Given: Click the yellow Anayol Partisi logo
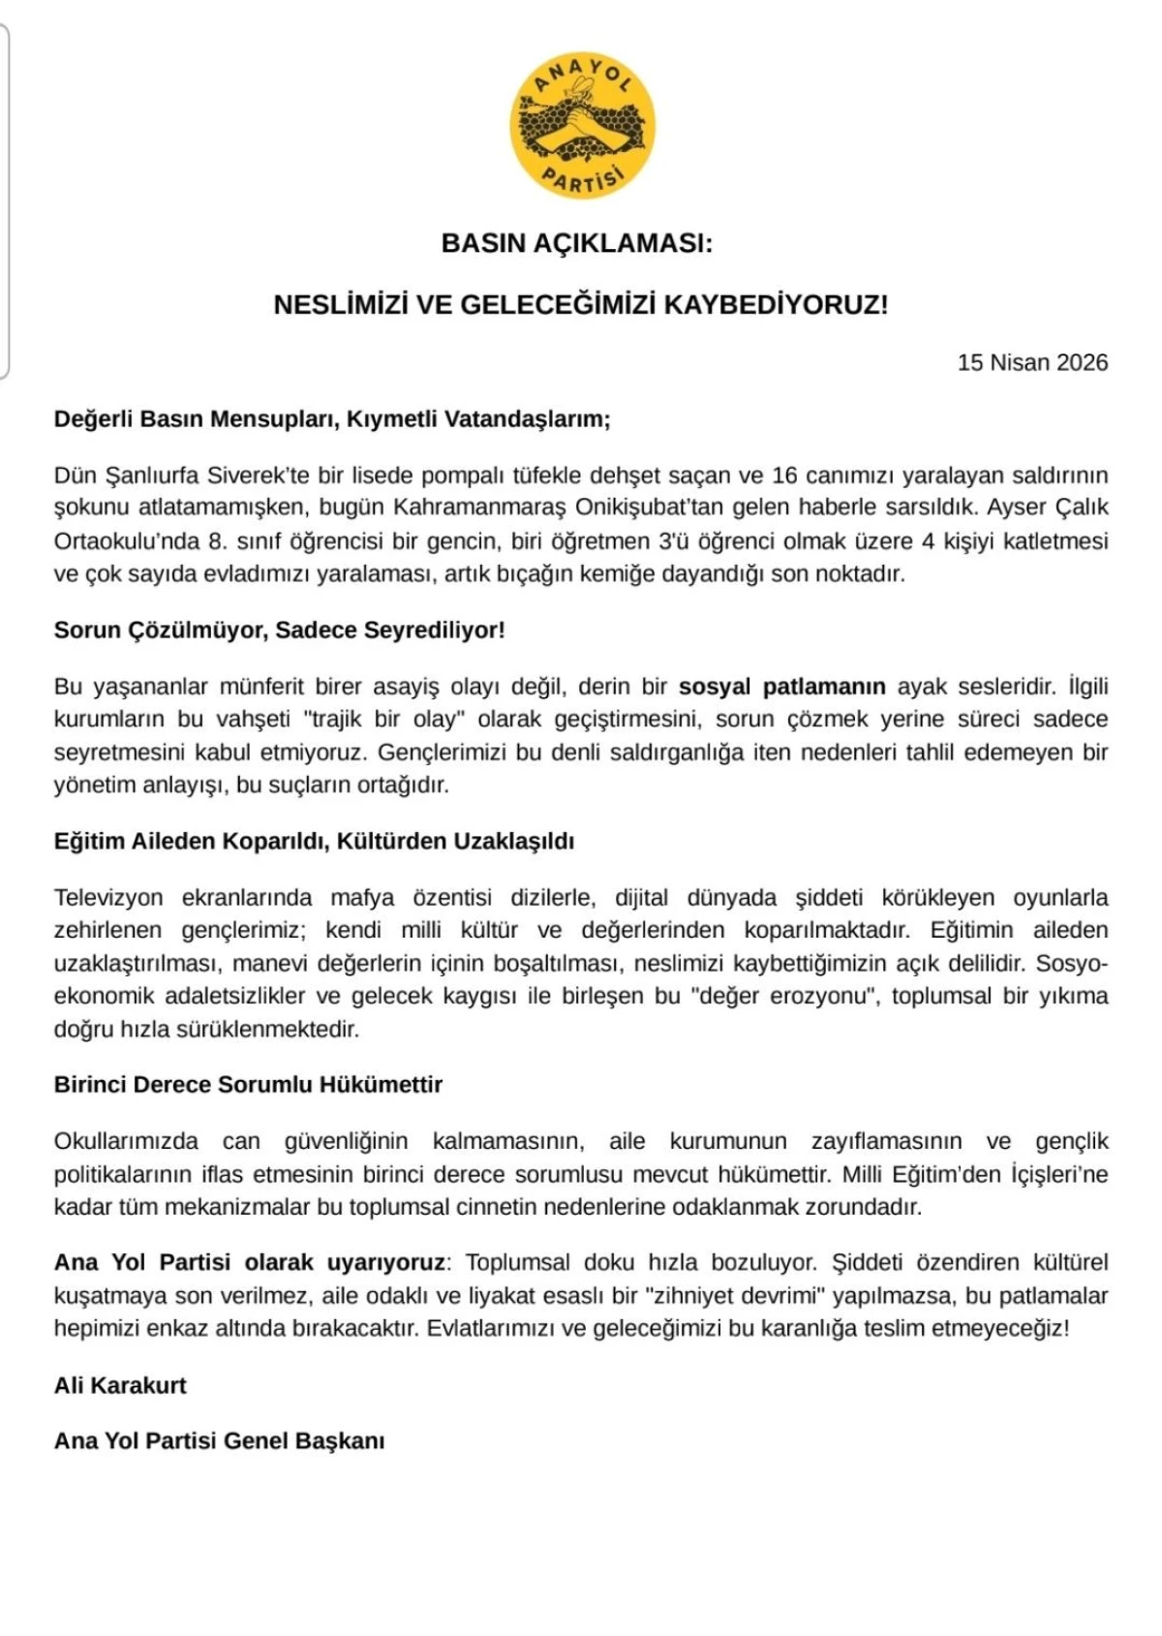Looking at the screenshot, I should (x=582, y=126).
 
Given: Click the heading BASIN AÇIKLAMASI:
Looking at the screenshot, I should (x=576, y=243).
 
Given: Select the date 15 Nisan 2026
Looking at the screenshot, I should (x=1032, y=362).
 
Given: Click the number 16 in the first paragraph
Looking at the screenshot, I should (x=784, y=476).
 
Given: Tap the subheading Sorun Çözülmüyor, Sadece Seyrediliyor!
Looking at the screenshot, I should (x=279, y=631).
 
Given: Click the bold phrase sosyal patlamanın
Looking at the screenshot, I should (x=781, y=687).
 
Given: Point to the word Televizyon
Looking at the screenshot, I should (x=108, y=898).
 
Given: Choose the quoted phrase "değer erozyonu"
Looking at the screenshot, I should (x=784, y=996).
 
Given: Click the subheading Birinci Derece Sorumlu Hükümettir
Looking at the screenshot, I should (x=248, y=1085).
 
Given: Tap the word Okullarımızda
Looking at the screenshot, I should (x=126, y=1141).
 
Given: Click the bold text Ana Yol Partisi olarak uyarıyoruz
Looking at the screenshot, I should (x=250, y=1263).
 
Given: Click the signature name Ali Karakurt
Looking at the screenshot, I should (x=120, y=1385).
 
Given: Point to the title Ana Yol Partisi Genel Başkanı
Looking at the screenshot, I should (x=219, y=1441).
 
